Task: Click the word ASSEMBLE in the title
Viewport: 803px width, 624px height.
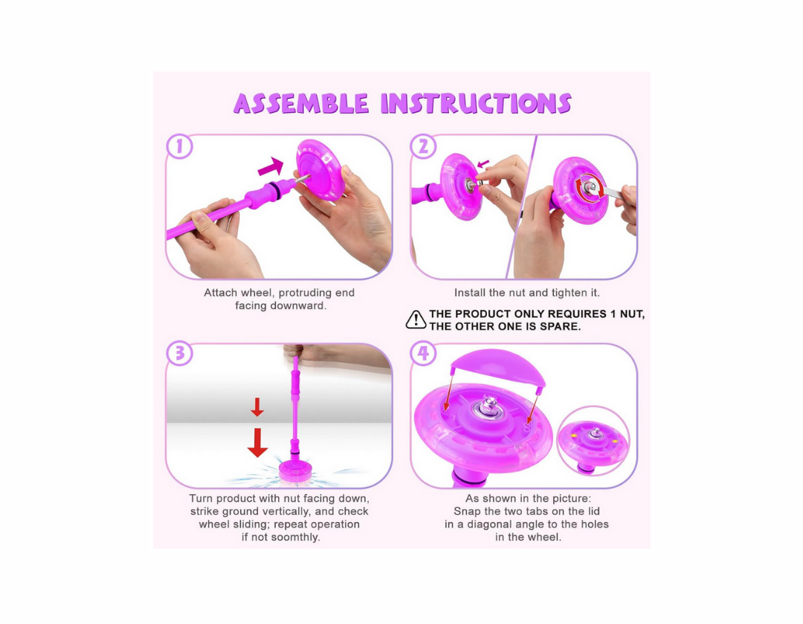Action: click(301, 103)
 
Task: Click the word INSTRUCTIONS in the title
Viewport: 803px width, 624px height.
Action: click(477, 103)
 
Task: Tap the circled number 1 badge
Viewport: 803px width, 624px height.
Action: click(180, 147)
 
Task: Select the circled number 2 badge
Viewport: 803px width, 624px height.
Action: click(424, 147)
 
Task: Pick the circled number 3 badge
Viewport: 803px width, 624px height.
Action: click(180, 354)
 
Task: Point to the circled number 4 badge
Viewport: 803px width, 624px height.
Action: click(424, 354)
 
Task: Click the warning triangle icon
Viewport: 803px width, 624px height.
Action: click(416, 319)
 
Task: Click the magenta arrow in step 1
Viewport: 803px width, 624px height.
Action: click(271, 166)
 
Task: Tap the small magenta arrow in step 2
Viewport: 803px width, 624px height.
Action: click(483, 164)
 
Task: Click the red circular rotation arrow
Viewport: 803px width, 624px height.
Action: click(589, 186)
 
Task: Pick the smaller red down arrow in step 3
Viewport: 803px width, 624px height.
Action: click(257, 407)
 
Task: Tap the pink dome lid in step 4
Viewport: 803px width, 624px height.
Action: click(497, 367)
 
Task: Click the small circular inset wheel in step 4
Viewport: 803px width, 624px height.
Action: click(593, 441)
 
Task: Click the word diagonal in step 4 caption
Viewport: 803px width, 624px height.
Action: click(493, 524)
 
